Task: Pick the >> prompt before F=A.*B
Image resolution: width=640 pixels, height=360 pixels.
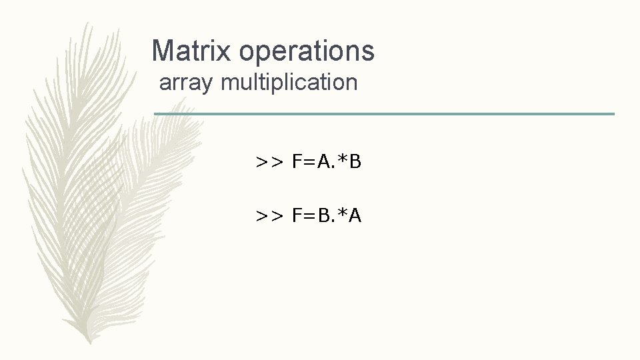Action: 269,161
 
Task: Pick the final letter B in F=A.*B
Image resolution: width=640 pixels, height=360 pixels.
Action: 355,161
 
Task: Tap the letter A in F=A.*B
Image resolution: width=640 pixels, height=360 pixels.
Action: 323,161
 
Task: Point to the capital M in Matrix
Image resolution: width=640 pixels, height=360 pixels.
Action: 163,51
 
